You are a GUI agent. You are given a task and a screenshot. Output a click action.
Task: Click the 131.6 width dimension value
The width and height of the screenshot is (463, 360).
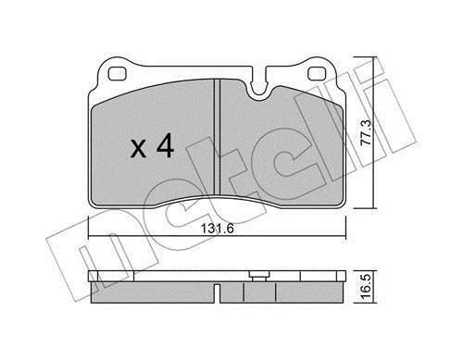pos(218,229)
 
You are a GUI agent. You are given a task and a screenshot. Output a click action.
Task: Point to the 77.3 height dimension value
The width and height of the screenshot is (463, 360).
pos(368,132)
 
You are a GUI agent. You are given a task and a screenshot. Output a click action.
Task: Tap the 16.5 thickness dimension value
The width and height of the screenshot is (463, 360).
pos(367,288)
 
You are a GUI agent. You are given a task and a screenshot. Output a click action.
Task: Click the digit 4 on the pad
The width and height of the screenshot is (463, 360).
pos(166,148)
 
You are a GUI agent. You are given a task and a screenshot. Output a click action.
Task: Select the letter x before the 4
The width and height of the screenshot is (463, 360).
pos(138,149)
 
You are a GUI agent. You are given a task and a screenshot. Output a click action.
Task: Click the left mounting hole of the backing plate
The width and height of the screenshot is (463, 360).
pos(118,73)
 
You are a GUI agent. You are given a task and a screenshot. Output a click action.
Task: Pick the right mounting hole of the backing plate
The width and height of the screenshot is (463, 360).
pos(318,73)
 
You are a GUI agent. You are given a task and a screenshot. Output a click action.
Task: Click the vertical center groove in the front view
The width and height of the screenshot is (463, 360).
pos(217,137)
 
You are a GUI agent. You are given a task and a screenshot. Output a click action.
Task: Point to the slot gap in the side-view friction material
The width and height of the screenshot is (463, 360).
pos(217,293)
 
